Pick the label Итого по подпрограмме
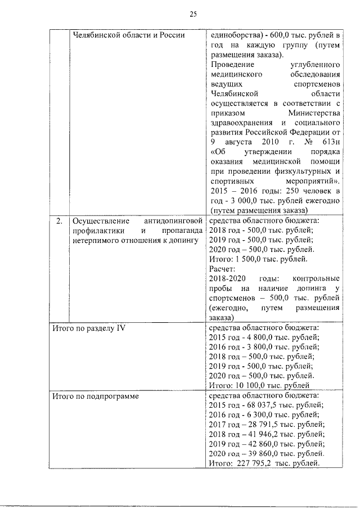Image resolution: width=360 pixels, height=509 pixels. [x=95, y=396]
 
